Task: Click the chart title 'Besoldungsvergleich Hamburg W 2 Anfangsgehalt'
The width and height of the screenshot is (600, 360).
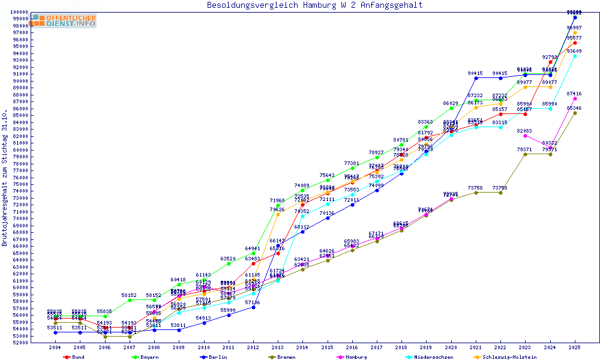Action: pyautogui.click(x=314, y=5)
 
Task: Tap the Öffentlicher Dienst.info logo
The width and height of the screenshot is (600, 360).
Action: pyautogui.click(x=64, y=20)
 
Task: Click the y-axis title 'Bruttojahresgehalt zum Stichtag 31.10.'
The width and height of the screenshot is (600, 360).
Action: pyautogui.click(x=5, y=178)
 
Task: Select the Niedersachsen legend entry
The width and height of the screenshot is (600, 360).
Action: pyautogui.click(x=428, y=357)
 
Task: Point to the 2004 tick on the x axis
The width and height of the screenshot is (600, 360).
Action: pyautogui.click(x=55, y=347)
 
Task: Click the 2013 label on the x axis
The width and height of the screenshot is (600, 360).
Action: pyautogui.click(x=278, y=347)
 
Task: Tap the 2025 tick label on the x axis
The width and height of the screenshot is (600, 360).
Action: pyautogui.click(x=575, y=347)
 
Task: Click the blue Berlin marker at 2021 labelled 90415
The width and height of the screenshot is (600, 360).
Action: pyautogui.click(x=476, y=78)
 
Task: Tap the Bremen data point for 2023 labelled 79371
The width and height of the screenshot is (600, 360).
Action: pyautogui.click(x=526, y=154)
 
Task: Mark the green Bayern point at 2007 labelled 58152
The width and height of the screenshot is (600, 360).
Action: pyautogui.click(x=130, y=300)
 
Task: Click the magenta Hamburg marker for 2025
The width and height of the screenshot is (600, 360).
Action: pyautogui.click(x=575, y=98)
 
